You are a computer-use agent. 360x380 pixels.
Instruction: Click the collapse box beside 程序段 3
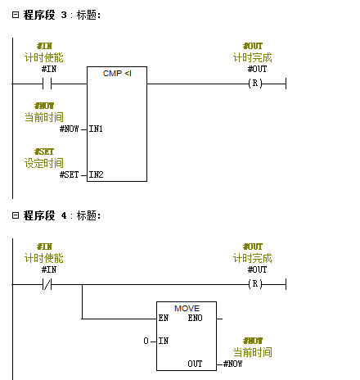16,15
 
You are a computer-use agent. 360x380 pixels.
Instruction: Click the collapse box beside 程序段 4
16,215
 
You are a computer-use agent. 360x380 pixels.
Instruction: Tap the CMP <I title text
117,74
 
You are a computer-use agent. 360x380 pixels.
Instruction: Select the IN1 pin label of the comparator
96,129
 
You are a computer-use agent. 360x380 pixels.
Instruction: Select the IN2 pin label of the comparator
96,174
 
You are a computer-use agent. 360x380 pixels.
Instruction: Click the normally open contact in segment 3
47,84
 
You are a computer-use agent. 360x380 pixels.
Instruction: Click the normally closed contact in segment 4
47,284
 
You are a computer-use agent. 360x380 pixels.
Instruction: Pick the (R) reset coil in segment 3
255,83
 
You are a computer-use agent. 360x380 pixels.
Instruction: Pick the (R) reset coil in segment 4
255,284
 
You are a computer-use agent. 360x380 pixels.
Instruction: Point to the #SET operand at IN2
70,174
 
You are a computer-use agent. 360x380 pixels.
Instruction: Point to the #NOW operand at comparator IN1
70,129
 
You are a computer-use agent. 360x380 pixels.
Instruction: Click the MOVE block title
187,309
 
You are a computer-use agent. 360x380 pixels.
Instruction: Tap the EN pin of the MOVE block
164,318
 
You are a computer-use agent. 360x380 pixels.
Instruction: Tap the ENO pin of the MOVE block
195,318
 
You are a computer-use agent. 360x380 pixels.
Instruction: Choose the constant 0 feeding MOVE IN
146,341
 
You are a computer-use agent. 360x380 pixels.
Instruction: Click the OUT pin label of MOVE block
195,364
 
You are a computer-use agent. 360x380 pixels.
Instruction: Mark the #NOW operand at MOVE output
232,364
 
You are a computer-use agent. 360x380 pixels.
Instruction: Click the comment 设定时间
44,163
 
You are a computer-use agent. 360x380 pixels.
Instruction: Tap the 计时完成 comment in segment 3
253,57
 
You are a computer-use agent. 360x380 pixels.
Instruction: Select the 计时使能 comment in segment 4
44,258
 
